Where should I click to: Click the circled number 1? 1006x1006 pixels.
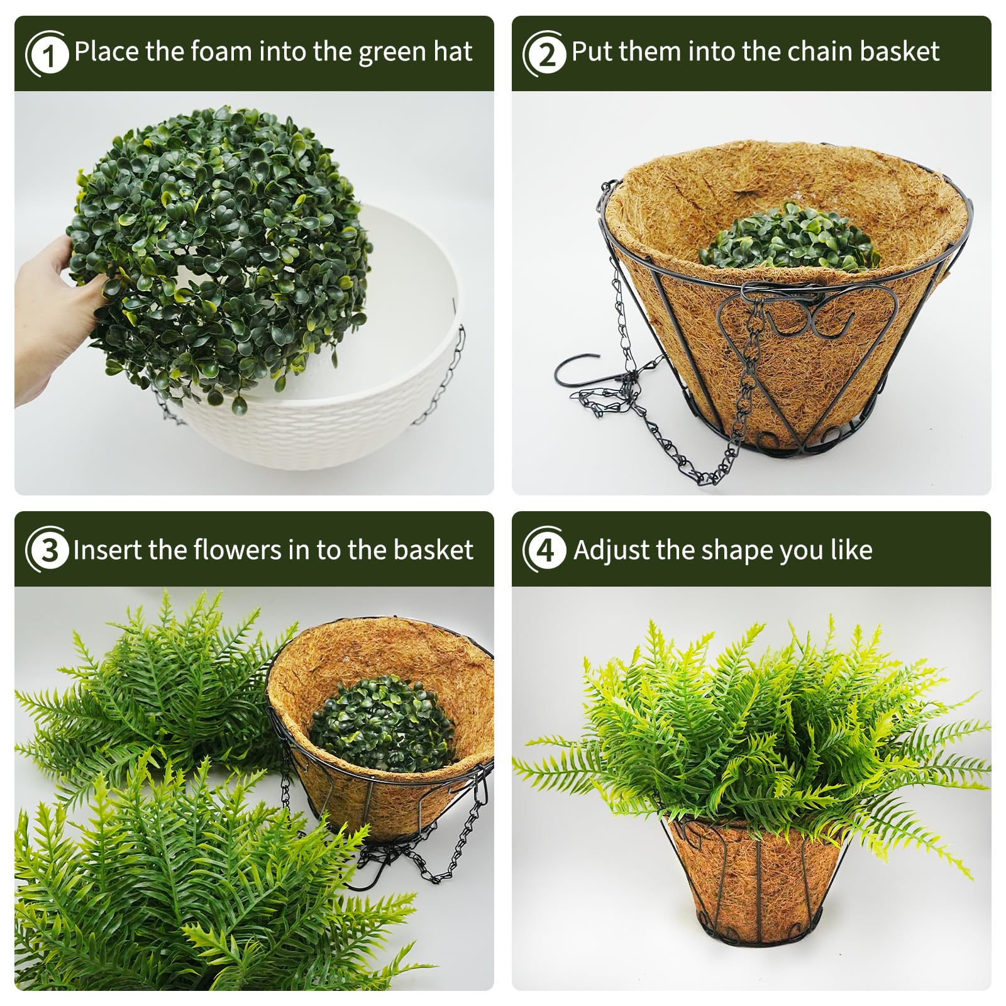coord(47,54)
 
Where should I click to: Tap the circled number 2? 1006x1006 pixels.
coord(545,54)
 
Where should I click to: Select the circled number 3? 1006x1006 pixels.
coord(47,551)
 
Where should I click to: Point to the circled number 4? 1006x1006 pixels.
coord(545,551)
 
